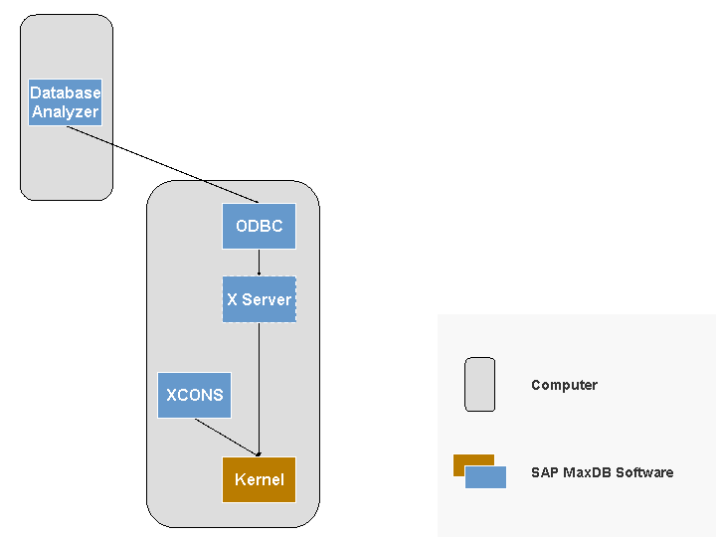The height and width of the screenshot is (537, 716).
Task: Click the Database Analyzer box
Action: tap(66, 101)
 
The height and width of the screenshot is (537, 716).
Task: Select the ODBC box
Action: tap(259, 226)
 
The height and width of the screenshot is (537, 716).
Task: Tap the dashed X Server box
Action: tap(259, 299)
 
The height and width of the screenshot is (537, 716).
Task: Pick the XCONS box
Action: tap(195, 395)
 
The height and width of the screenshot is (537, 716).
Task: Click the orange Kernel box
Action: tap(259, 479)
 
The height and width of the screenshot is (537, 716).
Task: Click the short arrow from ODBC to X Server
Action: tap(259, 262)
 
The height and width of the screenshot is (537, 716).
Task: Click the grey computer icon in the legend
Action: tap(479, 384)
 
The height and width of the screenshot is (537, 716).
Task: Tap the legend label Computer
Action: tap(564, 385)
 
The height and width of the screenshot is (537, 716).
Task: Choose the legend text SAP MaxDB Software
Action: tap(602, 472)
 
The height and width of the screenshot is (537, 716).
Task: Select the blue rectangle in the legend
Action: tap(487, 477)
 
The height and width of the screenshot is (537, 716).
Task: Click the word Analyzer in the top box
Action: tap(66, 111)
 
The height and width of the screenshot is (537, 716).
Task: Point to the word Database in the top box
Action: tap(66, 92)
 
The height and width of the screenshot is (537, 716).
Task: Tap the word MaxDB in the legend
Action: tap(587, 472)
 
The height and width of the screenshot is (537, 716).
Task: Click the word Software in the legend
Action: tap(644, 472)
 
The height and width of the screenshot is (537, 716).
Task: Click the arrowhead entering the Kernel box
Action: tap(259, 453)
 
